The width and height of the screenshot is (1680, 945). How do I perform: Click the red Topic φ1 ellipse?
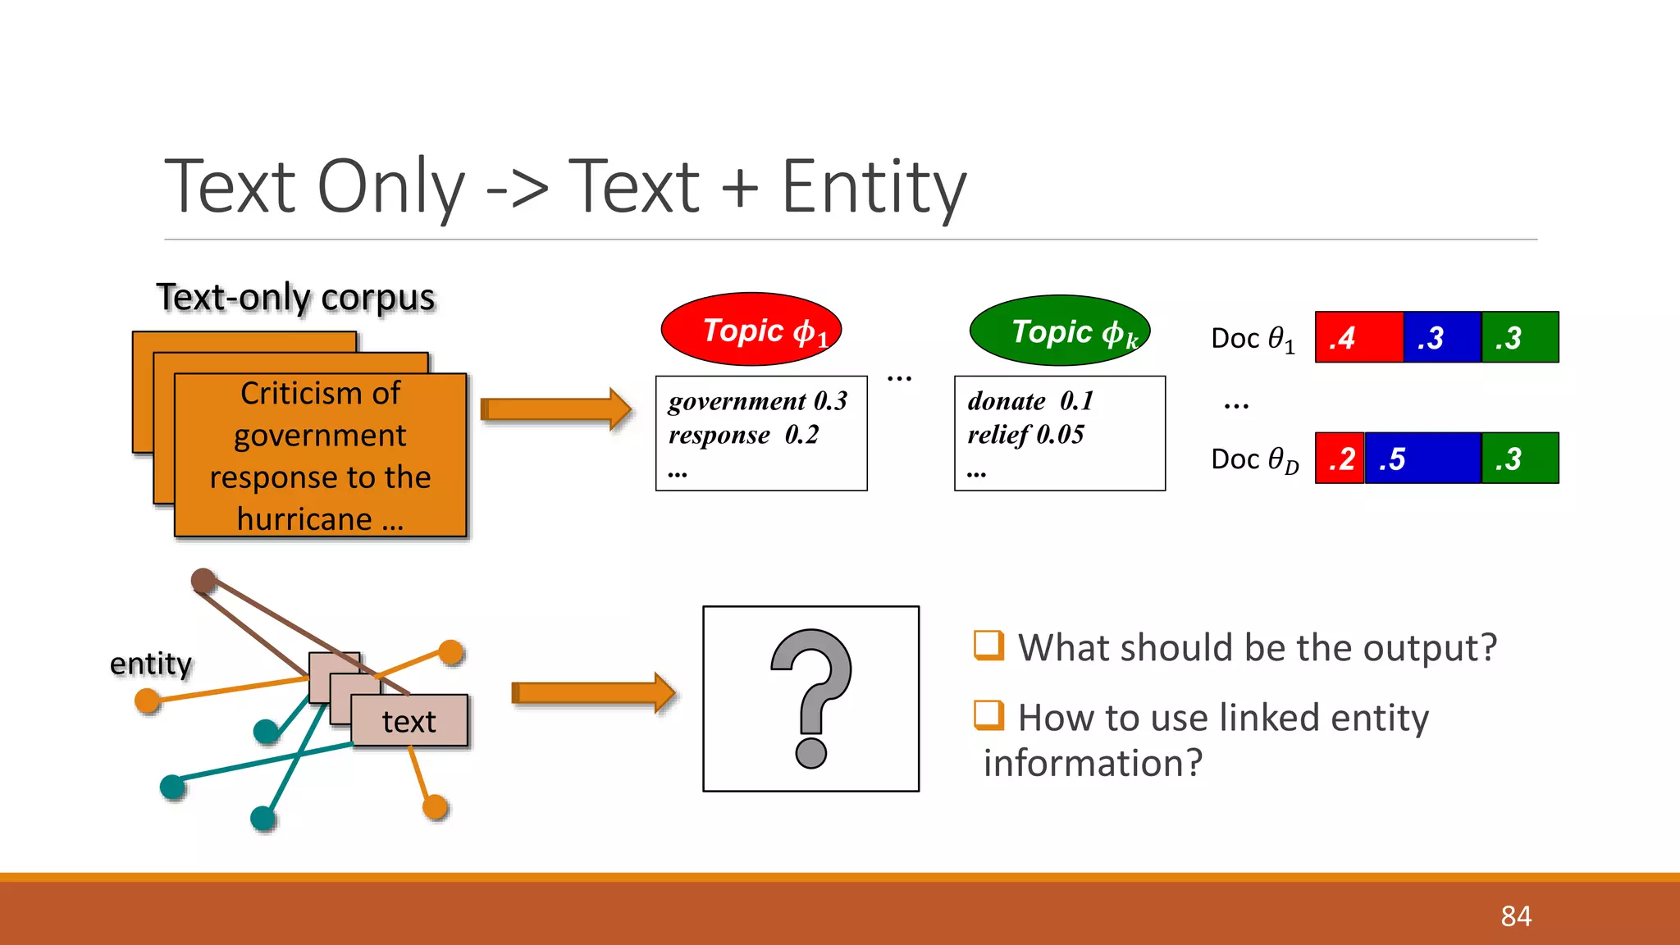(x=751, y=329)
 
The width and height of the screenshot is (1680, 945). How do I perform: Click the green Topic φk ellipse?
(x=1059, y=330)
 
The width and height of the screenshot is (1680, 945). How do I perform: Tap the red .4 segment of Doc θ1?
(x=1358, y=337)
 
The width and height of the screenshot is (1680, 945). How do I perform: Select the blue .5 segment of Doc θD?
(x=1423, y=459)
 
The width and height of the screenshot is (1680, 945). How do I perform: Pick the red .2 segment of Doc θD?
(x=1340, y=459)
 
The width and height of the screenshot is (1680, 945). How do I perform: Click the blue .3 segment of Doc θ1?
(x=1441, y=337)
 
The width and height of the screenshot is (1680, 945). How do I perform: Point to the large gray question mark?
(x=811, y=697)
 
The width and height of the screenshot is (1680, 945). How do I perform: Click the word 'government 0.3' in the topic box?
(x=757, y=401)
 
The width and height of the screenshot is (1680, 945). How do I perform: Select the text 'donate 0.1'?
(x=1030, y=401)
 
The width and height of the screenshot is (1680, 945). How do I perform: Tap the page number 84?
(x=1516, y=916)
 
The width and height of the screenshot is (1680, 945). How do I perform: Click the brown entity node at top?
(x=203, y=581)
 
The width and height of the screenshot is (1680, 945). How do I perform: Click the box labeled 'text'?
(x=409, y=721)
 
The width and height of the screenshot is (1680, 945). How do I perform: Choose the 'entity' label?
(x=151, y=664)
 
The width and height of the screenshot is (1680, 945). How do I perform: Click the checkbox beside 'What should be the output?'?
(x=988, y=646)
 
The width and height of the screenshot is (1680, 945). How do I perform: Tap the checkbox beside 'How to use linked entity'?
(x=988, y=715)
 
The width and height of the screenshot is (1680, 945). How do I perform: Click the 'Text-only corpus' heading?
(x=295, y=297)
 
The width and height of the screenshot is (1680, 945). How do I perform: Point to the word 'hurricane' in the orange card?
(x=304, y=519)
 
